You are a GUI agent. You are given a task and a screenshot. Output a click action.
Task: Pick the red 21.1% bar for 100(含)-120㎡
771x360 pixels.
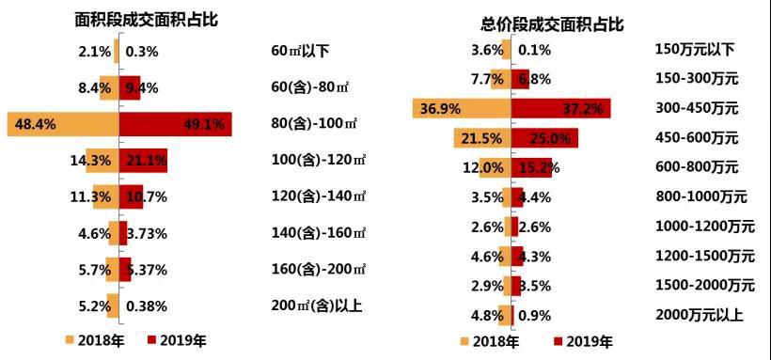coord(143,161)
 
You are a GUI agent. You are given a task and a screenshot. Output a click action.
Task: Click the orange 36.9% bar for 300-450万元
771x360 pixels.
coord(462,109)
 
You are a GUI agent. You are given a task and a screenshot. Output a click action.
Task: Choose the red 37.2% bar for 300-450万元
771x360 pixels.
coord(560,109)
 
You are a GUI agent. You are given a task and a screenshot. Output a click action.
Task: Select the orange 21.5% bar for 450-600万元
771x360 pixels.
coord(482,138)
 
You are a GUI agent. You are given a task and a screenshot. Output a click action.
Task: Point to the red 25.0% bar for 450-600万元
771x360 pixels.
coord(544,138)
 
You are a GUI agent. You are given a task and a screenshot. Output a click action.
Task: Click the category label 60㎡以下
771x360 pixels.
coord(299,51)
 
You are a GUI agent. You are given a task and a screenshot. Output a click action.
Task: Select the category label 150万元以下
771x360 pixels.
coord(693,50)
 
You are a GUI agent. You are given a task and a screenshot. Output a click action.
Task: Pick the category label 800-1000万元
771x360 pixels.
coord(700,197)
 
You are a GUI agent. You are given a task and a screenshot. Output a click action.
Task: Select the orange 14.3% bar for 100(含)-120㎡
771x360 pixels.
coord(102,161)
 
